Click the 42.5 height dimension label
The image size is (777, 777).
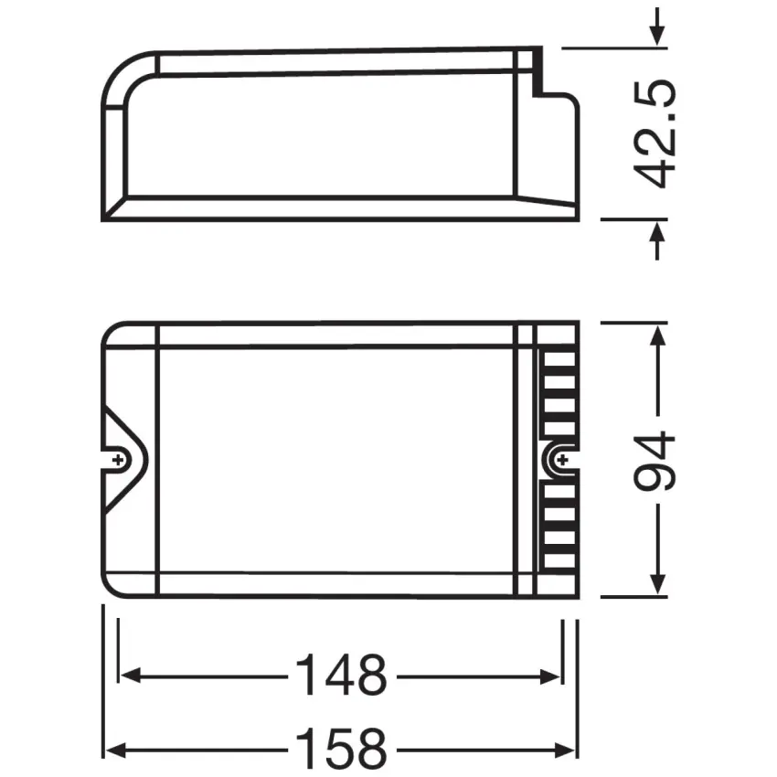655,133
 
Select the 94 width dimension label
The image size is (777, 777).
655,461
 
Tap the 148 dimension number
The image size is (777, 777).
340,676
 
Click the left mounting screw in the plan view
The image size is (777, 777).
118,461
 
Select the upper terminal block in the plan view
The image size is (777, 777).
559,388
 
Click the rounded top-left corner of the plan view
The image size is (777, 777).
110,331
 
